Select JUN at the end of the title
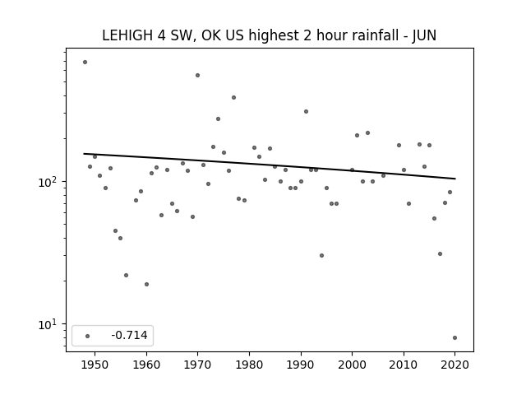click(x=424, y=35)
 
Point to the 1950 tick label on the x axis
click(x=95, y=365)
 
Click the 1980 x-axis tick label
click(x=249, y=365)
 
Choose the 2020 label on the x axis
click(x=454, y=365)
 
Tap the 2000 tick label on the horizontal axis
click(x=353, y=365)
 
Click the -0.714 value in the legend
click(x=130, y=335)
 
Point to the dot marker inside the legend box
click(x=88, y=336)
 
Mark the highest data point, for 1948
click(x=85, y=63)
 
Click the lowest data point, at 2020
click(x=454, y=338)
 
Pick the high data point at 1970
click(x=197, y=75)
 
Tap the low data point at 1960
click(x=146, y=284)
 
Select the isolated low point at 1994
click(x=321, y=256)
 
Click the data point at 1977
click(x=233, y=97)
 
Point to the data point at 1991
click(x=306, y=112)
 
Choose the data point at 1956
click(x=126, y=275)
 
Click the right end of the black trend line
click(x=455, y=179)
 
